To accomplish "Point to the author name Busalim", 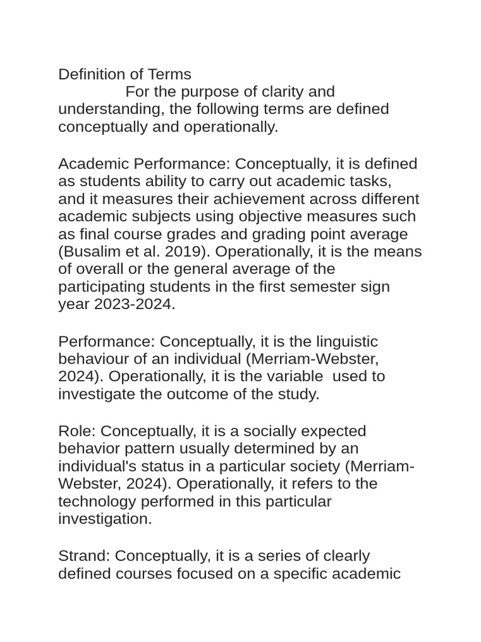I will click(91, 252).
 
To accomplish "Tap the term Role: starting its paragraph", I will click(77, 431).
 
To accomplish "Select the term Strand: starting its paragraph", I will click(85, 556).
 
